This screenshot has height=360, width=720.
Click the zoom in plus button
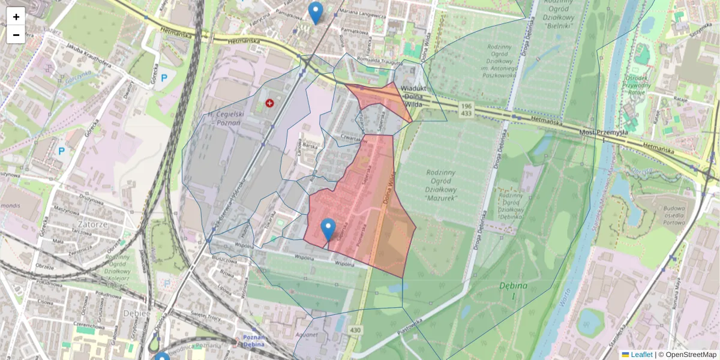[16, 17]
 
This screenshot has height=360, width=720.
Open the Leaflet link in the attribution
[641, 355]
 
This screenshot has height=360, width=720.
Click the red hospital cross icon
[269, 103]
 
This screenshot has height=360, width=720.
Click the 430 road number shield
[356, 331]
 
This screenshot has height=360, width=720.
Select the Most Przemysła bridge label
[603, 133]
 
